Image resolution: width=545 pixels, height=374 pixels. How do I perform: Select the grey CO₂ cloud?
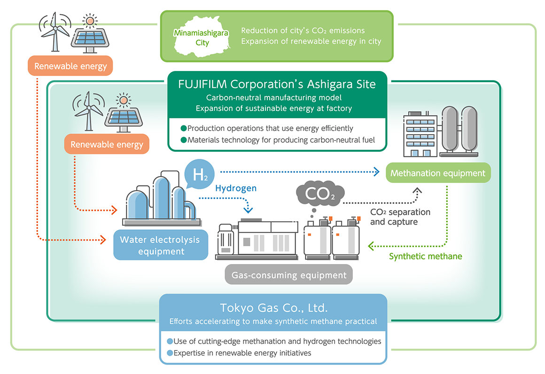point(320,194)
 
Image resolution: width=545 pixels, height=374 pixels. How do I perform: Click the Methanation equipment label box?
point(438,173)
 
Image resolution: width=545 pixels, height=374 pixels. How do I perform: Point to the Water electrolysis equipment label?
point(160,245)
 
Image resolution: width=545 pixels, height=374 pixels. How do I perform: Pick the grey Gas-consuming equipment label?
point(288,275)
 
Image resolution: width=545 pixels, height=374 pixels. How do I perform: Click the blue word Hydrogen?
point(236,188)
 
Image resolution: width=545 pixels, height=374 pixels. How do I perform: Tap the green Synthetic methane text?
point(425,257)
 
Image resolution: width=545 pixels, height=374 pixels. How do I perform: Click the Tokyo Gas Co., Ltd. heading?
point(273,308)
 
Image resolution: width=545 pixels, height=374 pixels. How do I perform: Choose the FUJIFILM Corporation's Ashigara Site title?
point(277,85)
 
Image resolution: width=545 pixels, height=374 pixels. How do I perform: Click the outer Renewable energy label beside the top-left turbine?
point(70,66)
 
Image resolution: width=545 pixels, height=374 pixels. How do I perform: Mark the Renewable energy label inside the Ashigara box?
point(107,144)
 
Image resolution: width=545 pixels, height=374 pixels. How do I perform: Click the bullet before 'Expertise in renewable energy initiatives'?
point(170,353)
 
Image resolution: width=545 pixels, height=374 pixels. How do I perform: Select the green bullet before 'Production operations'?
point(183,128)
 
